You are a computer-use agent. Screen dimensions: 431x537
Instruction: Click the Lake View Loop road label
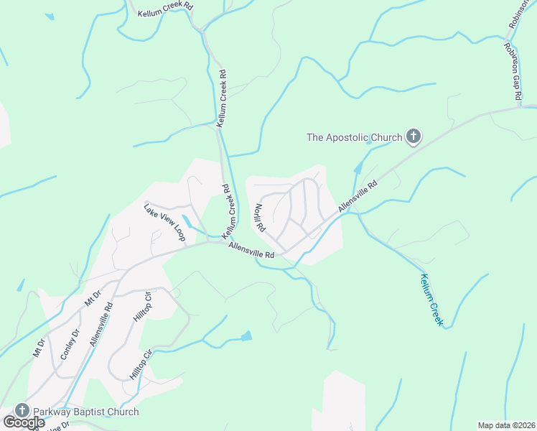(x=164, y=222)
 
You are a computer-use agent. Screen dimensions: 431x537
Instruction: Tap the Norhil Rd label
(x=259, y=218)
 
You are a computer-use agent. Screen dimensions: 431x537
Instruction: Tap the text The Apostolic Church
(x=355, y=136)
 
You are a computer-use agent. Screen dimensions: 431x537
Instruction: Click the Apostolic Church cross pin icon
(x=414, y=136)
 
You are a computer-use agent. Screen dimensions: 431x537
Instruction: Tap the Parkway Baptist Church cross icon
(x=22, y=410)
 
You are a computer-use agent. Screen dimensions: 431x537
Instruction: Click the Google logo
(x=23, y=422)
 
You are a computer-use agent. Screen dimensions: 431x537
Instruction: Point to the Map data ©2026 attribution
(x=506, y=425)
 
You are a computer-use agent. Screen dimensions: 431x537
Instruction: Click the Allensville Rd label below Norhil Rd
(x=251, y=250)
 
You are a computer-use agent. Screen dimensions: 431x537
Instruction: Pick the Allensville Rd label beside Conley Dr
(x=102, y=324)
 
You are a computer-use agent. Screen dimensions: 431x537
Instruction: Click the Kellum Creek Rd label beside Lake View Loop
(x=228, y=213)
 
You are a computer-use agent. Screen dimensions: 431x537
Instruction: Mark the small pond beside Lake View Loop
(x=187, y=220)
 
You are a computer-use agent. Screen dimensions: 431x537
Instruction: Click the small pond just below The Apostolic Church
(x=369, y=142)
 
